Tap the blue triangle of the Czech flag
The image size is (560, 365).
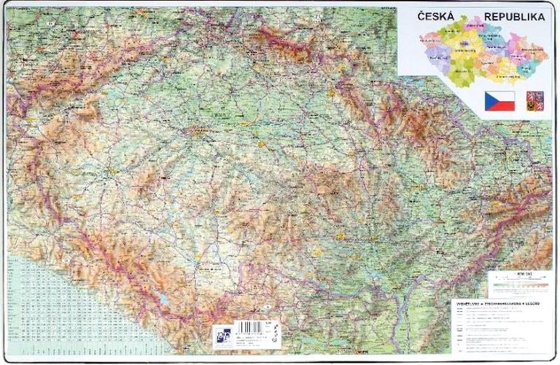pyautogui.click(x=489, y=101)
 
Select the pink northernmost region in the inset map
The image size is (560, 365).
pyautogui.click(x=475, y=26)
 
